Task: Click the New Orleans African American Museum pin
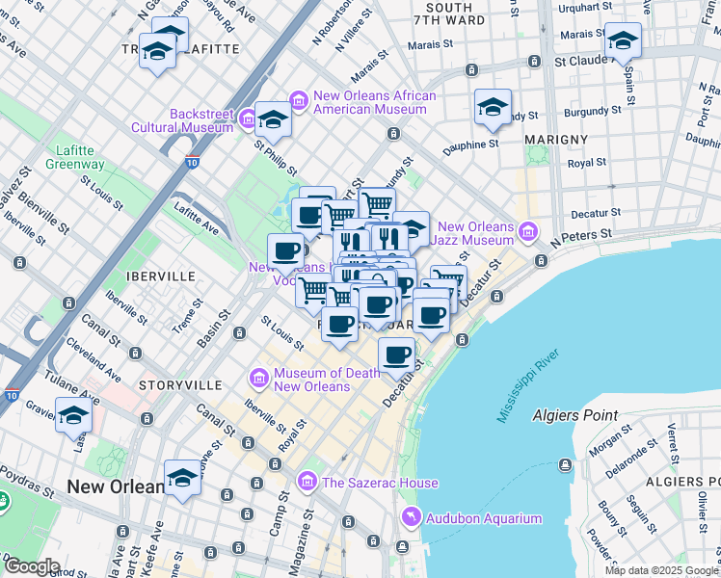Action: coord(298,100)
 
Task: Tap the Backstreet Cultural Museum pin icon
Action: coord(247,119)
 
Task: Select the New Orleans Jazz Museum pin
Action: coord(527,231)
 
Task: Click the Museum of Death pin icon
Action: coord(258,378)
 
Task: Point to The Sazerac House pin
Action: coord(307,480)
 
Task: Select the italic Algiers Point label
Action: coord(574,415)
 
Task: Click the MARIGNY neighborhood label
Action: coord(556,140)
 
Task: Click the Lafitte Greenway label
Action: coord(75,157)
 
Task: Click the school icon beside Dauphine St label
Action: coord(493,109)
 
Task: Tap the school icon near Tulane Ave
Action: coord(73,417)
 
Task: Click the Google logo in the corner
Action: coord(32,566)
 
